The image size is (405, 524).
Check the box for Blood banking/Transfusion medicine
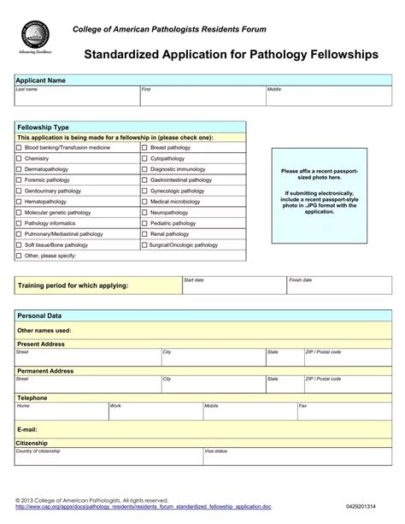[19, 148]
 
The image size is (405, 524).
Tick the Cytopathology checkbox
[144, 159]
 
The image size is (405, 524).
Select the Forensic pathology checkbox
[19, 180]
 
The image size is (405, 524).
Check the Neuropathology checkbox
[144, 212]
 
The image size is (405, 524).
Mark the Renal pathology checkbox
[144, 233]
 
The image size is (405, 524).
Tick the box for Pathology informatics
[19, 223]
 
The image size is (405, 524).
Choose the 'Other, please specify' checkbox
[19, 255]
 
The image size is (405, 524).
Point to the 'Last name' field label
[27, 89]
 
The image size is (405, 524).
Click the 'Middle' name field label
[274, 89]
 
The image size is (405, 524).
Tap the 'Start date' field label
[194, 280]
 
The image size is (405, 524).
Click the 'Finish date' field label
[301, 280]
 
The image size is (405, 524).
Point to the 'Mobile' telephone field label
[211, 406]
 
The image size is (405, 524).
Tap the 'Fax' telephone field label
[302, 406]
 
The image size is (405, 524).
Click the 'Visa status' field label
[215, 450]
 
